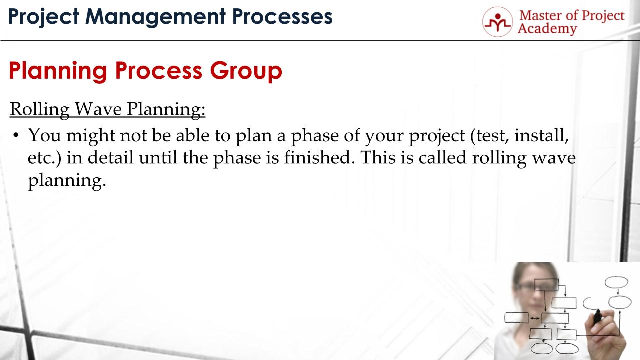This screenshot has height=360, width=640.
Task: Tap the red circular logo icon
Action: (x=497, y=21)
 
